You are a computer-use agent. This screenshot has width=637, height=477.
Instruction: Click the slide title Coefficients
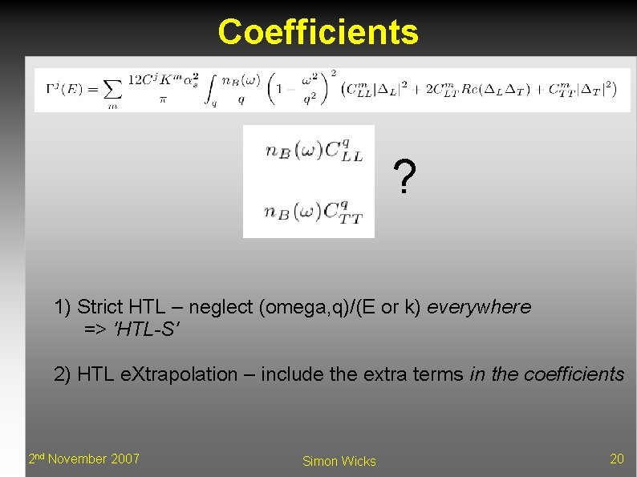[x=318, y=32]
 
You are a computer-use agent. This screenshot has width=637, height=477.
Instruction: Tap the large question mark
[x=405, y=178]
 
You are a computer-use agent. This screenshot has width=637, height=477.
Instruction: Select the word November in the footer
[x=77, y=459]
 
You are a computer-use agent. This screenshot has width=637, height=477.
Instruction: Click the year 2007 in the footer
[x=124, y=459]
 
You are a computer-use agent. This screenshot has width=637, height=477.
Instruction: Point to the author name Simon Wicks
[x=339, y=461]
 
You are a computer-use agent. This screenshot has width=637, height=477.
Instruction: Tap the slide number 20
[x=616, y=459]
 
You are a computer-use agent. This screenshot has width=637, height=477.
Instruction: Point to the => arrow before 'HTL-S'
[x=96, y=329]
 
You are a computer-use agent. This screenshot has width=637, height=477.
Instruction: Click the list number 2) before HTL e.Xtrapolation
[x=63, y=374]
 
